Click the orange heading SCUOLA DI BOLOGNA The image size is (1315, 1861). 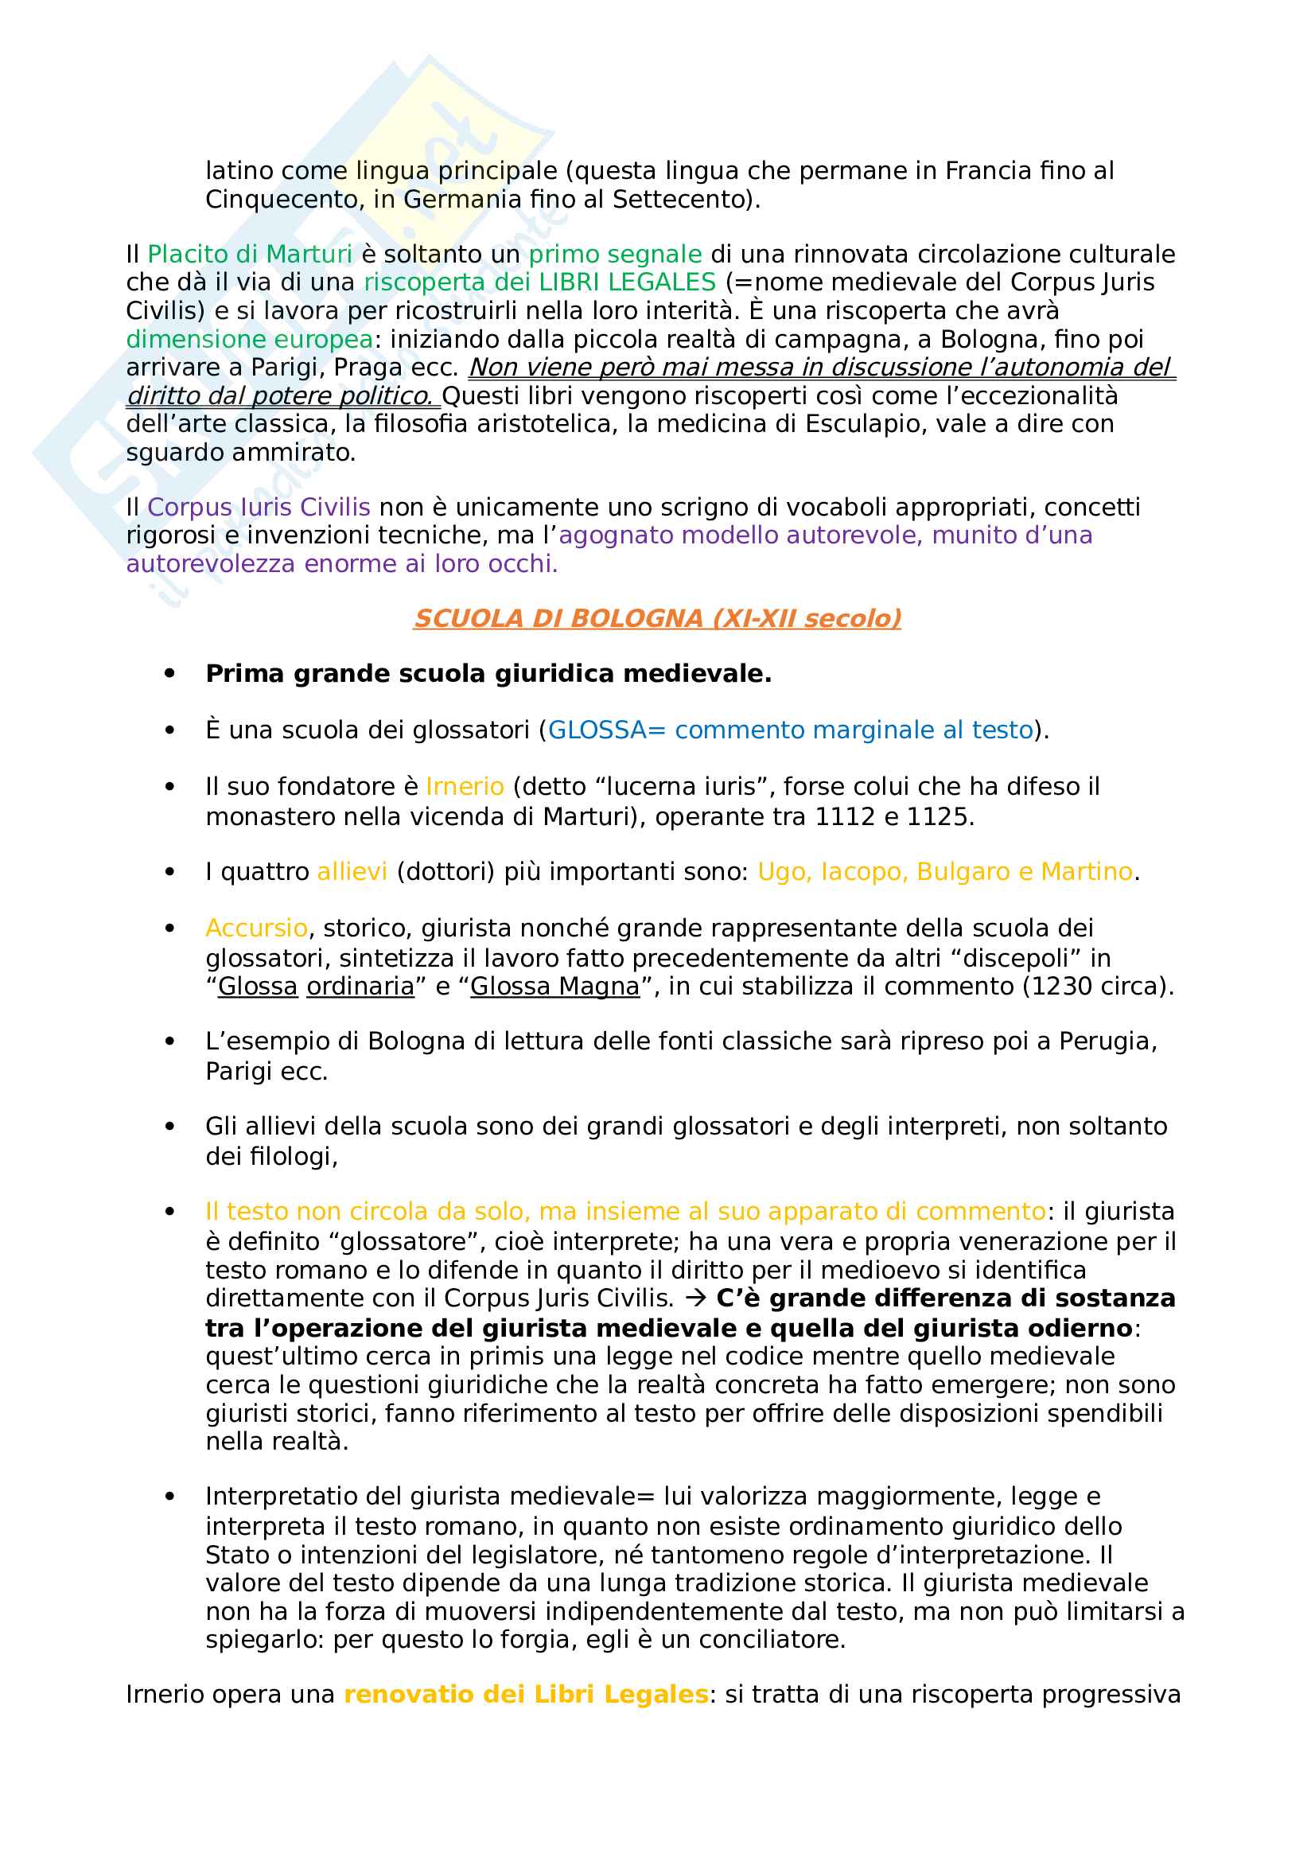656,618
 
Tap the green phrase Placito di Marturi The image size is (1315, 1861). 250,255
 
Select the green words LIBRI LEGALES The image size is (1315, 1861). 627,282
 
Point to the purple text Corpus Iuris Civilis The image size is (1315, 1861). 259,508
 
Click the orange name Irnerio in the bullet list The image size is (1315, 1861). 465,786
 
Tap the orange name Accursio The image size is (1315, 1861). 256,928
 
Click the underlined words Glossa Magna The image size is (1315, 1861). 555,987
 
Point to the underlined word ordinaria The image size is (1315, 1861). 360,987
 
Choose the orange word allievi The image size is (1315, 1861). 352,871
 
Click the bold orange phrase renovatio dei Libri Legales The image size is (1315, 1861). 526,1694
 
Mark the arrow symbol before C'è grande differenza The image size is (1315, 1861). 695,1298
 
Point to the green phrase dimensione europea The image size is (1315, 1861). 250,340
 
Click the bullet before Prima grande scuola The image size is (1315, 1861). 169,674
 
